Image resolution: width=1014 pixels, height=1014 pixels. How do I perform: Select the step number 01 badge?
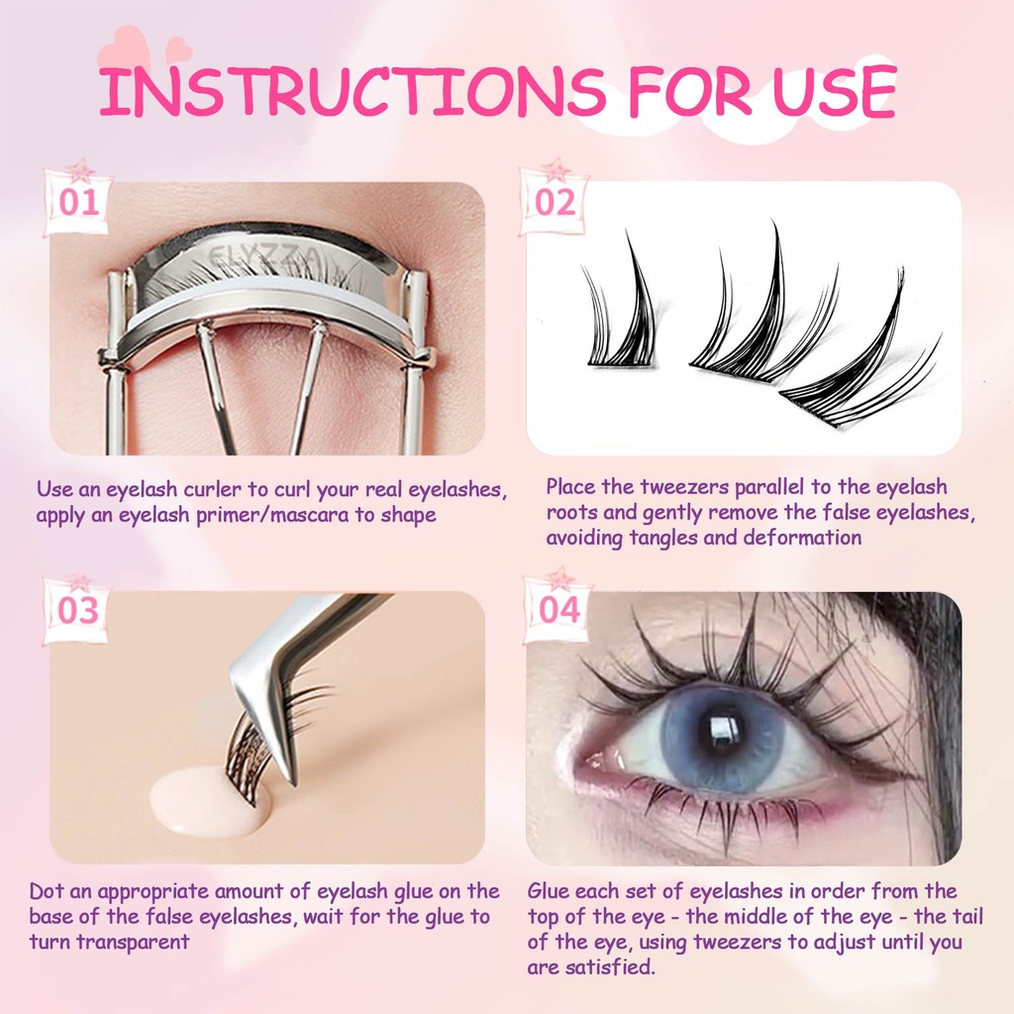point(79,202)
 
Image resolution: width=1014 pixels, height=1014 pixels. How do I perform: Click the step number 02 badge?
point(555,202)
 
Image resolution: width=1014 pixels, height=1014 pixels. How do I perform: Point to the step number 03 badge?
point(78,610)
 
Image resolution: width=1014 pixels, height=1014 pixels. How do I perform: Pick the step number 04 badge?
point(558,609)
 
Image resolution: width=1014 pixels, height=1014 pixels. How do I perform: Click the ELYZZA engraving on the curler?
point(263,257)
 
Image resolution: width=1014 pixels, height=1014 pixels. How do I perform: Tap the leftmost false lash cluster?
point(621,310)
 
